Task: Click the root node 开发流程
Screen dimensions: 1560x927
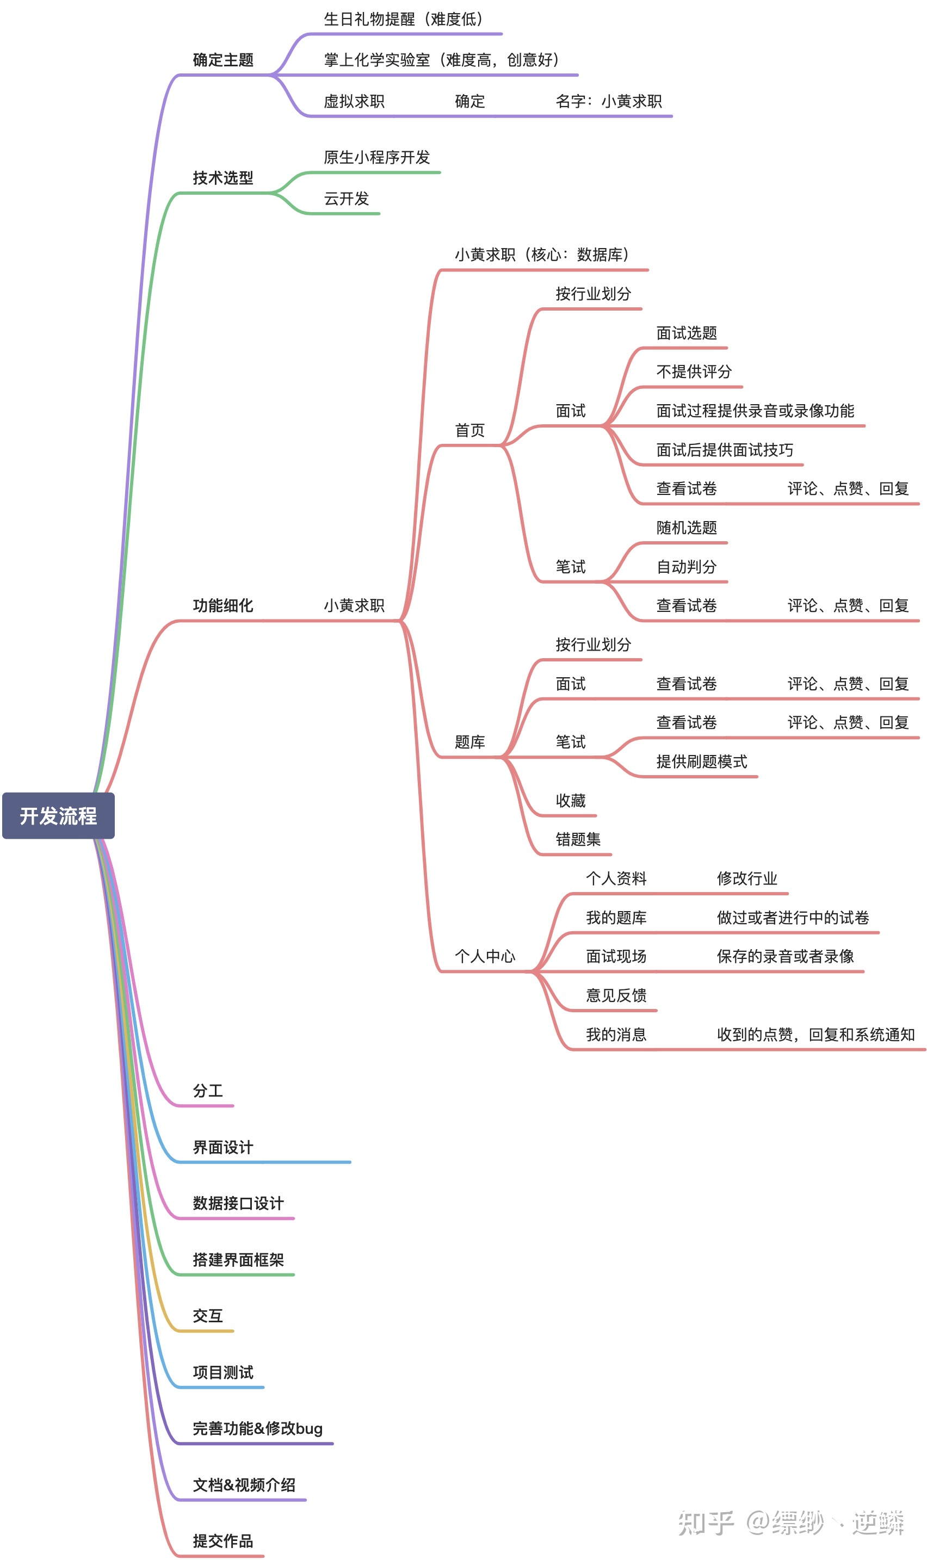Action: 58,815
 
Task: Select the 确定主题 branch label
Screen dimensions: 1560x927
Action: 223,60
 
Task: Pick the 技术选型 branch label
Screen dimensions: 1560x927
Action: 223,178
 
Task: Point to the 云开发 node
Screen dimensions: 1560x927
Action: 346,199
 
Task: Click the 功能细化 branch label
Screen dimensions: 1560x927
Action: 223,605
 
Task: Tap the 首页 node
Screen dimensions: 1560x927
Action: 469,430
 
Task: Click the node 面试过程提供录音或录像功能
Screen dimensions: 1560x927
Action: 755,411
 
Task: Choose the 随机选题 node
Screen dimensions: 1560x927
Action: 687,528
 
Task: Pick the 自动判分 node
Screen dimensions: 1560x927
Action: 687,566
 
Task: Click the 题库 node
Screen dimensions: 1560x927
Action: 469,742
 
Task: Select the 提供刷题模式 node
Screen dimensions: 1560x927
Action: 701,762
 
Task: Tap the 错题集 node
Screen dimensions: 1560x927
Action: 578,839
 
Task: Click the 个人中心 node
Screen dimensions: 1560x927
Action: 485,956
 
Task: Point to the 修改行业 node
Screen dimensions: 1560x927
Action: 747,878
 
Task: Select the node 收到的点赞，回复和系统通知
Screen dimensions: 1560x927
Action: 815,1035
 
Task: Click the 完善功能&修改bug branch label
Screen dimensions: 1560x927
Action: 257,1428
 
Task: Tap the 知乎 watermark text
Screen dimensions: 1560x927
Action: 706,1522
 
